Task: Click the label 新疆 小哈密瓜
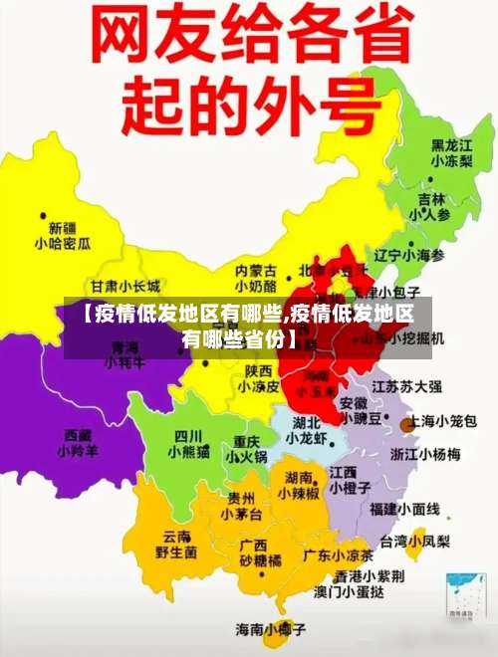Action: coord(63,235)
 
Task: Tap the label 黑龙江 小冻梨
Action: coord(451,152)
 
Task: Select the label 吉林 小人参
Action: coord(430,206)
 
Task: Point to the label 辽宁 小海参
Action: coord(408,256)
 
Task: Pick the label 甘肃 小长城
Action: coord(124,286)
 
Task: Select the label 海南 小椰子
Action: coord(269,629)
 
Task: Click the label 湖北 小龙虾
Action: coord(306,430)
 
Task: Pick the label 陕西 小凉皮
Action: coord(261,379)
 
